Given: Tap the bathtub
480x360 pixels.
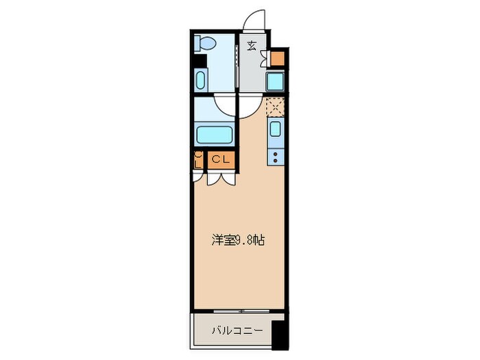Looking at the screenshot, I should [x=216, y=133].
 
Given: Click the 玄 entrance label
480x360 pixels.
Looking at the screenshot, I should [x=252, y=47].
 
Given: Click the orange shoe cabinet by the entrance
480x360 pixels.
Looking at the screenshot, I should [x=277, y=58].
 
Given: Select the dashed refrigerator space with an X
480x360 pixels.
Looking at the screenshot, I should [x=275, y=106].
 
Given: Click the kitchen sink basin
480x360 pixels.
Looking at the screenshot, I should [x=275, y=129].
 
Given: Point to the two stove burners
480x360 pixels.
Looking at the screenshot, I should [x=275, y=156].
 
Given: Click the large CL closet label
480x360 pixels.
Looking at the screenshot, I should [x=219, y=160].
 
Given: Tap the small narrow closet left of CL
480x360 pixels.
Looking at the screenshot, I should [x=197, y=160].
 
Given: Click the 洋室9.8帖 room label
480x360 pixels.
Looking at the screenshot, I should [x=238, y=241].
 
